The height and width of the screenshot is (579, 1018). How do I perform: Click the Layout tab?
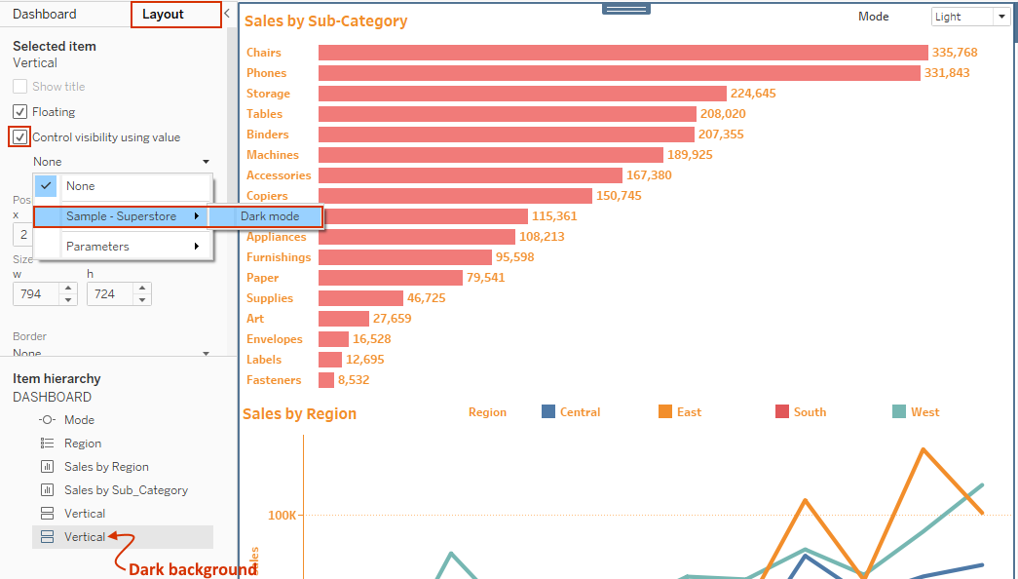tap(163, 15)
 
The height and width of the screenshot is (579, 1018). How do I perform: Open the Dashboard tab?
tap(44, 15)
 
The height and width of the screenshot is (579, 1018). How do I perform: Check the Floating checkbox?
tap(20, 112)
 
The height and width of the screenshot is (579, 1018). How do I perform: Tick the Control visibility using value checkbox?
tap(20, 137)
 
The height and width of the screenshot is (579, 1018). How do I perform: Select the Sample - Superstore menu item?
tap(122, 216)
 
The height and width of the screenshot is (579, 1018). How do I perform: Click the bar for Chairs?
tap(622, 53)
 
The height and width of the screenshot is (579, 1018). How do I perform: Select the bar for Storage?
tap(522, 94)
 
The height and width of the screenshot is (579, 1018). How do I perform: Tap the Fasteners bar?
tap(326, 380)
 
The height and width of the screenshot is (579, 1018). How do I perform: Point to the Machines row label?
tap(273, 155)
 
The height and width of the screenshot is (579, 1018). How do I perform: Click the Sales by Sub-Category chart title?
tap(325, 21)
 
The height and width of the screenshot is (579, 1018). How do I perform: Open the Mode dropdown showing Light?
tap(970, 17)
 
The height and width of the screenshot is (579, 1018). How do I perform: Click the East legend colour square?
tap(666, 412)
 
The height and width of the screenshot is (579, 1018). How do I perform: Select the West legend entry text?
tap(925, 412)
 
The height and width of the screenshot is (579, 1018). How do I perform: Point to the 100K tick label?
tap(283, 515)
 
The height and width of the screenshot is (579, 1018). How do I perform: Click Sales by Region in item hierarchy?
tap(106, 467)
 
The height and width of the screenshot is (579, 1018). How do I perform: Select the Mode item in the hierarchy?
tap(79, 420)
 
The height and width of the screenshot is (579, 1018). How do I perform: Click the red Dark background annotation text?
tap(192, 569)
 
